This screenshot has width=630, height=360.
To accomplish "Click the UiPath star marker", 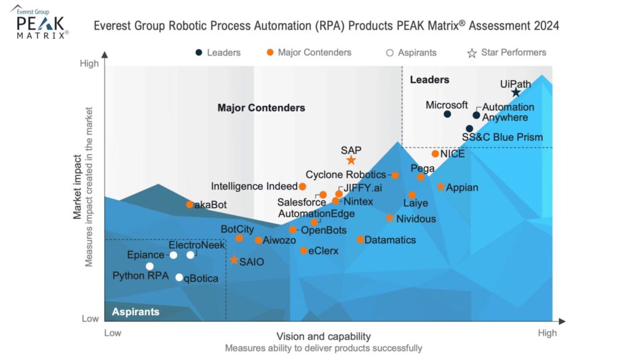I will click(x=516, y=92).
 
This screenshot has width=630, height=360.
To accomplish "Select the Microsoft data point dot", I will click(x=447, y=114).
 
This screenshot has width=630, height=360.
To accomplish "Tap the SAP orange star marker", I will click(x=351, y=160).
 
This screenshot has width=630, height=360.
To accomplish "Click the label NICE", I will click(x=453, y=154).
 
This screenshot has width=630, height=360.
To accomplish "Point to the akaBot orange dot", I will click(x=190, y=204).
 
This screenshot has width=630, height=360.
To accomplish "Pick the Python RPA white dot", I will click(x=150, y=266).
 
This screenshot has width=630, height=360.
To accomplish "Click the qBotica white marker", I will click(x=179, y=278).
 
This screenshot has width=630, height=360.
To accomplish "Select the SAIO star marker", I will click(x=234, y=260).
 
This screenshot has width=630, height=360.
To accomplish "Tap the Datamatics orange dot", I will click(x=361, y=239).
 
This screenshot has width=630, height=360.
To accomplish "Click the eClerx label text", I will click(x=324, y=250).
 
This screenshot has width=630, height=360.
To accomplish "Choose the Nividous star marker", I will click(x=389, y=218).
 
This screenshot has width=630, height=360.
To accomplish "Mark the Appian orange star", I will click(x=441, y=186).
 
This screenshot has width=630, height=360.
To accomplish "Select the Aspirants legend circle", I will click(x=389, y=53).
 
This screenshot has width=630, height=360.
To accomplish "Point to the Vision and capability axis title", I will click(x=323, y=336).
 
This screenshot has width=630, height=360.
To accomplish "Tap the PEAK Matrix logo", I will click(x=41, y=23).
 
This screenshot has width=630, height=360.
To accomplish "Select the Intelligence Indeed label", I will click(x=254, y=186).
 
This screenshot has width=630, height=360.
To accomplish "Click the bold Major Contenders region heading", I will click(x=261, y=108).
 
